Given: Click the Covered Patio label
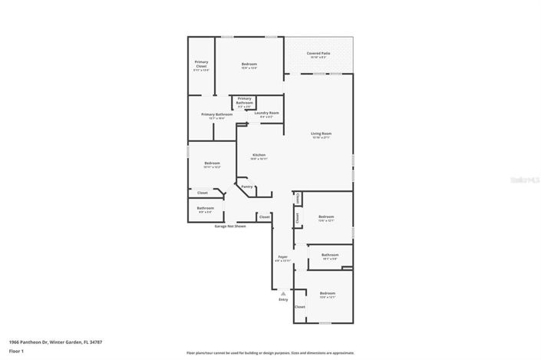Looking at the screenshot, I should click(318, 54).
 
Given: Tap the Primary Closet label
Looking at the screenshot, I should click(201, 64).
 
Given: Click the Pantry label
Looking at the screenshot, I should click(247, 187).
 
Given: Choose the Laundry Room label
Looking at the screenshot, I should click(266, 113).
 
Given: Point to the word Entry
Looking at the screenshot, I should click(283, 299).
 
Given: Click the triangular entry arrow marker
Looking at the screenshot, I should click(283, 292).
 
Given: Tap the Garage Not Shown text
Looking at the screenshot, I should click(230, 226).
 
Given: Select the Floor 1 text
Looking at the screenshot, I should click(17, 351).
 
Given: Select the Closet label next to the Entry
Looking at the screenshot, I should click(299, 306).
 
